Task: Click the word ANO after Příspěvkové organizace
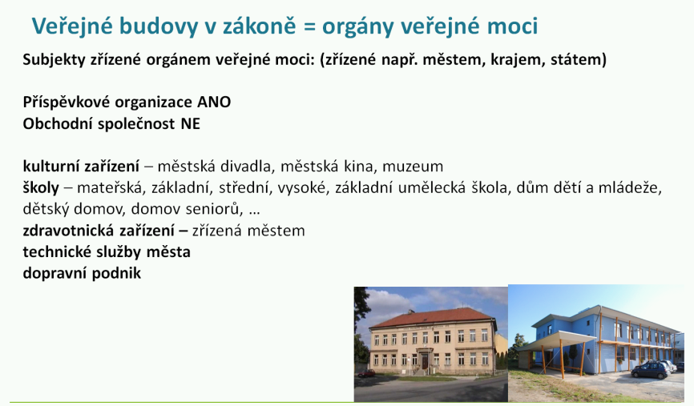point(214,103)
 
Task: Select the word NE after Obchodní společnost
point(190,123)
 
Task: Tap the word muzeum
point(413,167)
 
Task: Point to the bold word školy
point(41,188)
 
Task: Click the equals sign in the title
point(309,26)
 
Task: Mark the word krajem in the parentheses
point(518,60)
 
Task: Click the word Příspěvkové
point(67,103)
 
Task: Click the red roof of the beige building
point(431,319)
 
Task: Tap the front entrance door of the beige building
point(426,361)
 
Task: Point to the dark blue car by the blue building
point(650,370)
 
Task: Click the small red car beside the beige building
point(366,374)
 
